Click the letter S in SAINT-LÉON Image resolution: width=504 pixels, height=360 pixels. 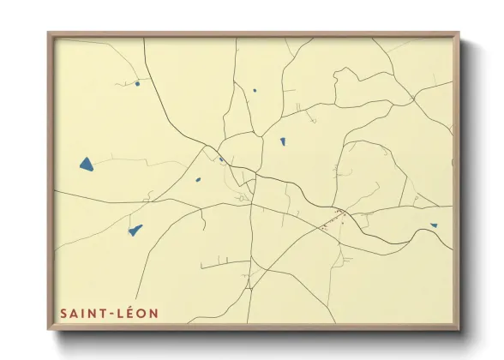tap(63, 314)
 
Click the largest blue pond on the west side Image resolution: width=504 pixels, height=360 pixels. tap(87, 163)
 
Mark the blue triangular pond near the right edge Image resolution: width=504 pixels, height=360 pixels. tap(434, 225)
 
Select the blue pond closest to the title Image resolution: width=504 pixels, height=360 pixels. tap(135, 230)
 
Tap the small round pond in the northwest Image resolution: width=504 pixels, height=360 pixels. tap(137, 83)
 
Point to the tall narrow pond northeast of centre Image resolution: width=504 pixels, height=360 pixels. tap(282, 141)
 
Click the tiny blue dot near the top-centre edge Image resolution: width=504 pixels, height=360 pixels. tap(255, 89)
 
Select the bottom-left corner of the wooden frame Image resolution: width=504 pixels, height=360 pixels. tap(49, 330)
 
